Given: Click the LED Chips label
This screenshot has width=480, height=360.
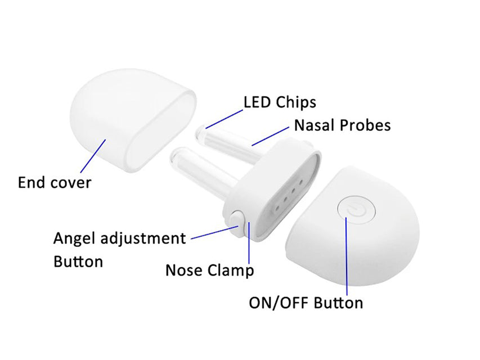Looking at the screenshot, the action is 280,102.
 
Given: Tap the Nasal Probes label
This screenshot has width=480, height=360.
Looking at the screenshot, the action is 342,125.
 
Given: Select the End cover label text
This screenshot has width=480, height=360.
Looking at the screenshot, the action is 55,182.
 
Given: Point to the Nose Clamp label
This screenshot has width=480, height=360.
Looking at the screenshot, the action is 210,271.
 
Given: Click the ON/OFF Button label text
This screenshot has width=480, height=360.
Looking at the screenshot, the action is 306,303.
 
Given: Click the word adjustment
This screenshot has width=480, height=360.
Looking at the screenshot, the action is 143,238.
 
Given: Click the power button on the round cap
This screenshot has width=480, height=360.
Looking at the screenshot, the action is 356,212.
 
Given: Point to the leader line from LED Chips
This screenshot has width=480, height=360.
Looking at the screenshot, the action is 225,119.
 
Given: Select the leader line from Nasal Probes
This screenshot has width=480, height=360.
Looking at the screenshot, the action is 270,136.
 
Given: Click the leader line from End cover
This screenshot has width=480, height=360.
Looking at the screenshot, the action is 93,156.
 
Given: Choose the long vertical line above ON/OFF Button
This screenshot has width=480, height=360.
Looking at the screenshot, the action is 347,256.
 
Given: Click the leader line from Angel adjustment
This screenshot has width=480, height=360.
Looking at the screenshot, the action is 215,233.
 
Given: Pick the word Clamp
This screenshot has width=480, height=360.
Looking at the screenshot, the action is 231,271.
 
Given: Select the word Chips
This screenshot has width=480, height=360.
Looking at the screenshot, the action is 296,102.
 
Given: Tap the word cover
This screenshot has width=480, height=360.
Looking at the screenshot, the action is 71,183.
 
